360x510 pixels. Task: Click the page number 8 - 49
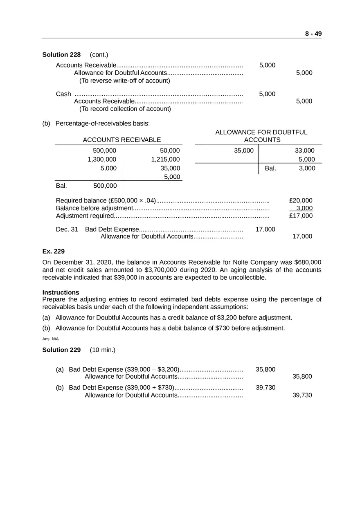pyautogui.click(x=313, y=34)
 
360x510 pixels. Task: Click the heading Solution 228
pyautogui.click(x=61, y=55)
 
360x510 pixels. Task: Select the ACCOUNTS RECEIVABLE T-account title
pyautogui.click(x=122, y=140)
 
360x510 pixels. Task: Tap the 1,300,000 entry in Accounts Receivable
pyautogui.click(x=102, y=160)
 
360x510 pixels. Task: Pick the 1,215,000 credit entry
pyautogui.click(x=165, y=160)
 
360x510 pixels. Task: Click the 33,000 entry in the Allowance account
pyautogui.click(x=305, y=151)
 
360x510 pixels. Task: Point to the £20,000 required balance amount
pyautogui.click(x=301, y=200)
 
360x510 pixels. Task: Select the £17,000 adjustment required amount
pyautogui.click(x=301, y=216)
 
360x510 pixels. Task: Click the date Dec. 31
pyautogui.click(x=67, y=229)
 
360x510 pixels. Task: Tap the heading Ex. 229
pyautogui.click(x=54, y=251)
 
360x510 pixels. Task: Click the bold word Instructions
pyautogui.click(x=61, y=292)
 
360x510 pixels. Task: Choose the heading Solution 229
pyautogui.click(x=61, y=350)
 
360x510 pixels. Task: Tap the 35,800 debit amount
pyautogui.click(x=265, y=370)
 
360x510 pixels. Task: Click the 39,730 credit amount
pyautogui.click(x=302, y=395)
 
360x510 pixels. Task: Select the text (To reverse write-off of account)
pyautogui.click(x=124, y=81)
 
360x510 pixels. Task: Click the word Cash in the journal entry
pyautogui.click(x=63, y=94)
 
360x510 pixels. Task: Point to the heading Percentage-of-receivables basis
pyautogui.click(x=103, y=123)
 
